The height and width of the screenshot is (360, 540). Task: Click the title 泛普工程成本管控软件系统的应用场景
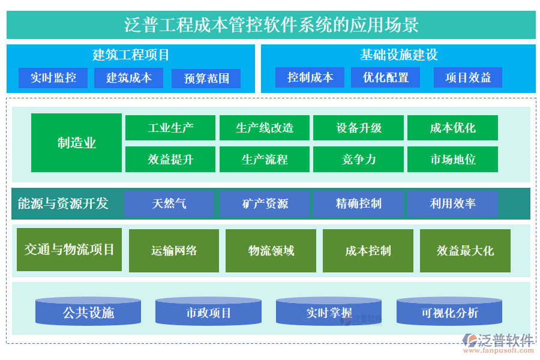271,25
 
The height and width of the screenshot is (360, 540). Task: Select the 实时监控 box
53,78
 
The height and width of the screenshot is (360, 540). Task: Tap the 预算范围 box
206,79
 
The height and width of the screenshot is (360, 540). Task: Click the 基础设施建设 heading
398,55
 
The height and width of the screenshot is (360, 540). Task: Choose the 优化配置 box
386,77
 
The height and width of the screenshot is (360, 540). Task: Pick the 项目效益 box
468,77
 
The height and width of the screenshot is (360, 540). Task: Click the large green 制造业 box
76,143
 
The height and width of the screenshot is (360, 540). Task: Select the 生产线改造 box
265,128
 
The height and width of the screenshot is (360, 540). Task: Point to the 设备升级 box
359,128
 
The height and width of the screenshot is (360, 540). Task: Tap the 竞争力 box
359,159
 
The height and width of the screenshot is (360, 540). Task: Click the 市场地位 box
453,159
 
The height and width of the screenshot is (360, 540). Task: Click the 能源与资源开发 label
63,203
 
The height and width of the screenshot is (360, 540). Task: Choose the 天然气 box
169,203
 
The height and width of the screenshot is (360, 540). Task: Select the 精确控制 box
359,203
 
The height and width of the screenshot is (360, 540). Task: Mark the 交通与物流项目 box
69,249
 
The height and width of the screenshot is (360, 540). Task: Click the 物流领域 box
271,251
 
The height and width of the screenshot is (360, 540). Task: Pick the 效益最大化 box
465,251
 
